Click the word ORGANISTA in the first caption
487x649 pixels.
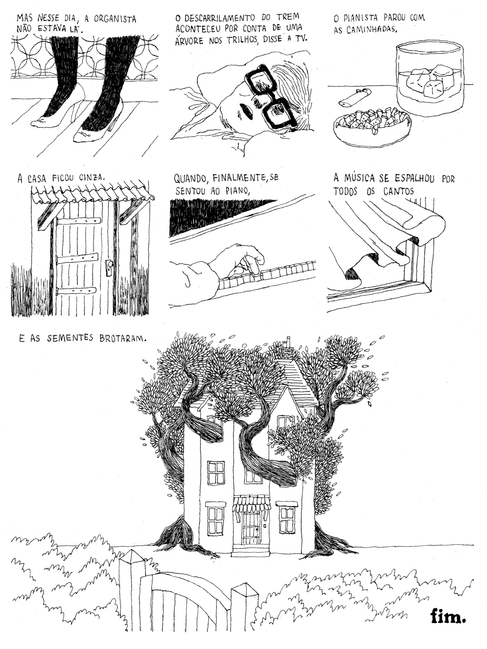coord(115,19)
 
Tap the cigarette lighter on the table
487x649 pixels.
coord(355,97)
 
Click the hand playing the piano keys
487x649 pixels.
coord(234,261)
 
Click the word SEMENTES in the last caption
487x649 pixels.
coord(70,338)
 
